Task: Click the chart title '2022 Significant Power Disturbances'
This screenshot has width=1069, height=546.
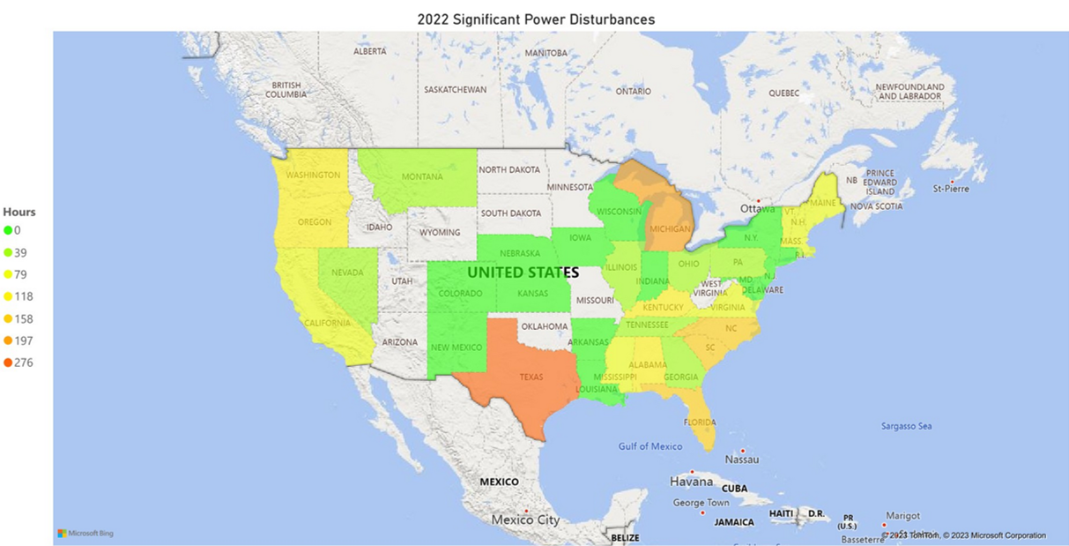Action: tap(536, 19)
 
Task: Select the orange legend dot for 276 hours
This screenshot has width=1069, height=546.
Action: tap(8, 363)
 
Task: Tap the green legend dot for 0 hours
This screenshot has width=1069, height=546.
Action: tap(8, 230)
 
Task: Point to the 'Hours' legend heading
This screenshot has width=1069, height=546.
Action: tap(19, 212)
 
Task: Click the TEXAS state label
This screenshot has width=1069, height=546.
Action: tap(531, 377)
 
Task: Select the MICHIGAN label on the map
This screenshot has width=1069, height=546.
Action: tap(670, 228)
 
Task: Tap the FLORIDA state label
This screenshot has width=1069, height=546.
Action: tap(700, 422)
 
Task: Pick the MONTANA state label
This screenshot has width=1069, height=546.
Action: tap(422, 177)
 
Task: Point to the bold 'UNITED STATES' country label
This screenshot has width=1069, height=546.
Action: tap(523, 273)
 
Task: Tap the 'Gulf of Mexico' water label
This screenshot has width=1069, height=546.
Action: tap(650, 446)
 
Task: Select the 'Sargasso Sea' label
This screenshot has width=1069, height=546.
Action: tap(907, 426)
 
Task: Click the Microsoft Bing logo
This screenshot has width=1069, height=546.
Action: tap(85, 533)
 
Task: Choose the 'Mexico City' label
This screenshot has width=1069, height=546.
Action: tap(525, 520)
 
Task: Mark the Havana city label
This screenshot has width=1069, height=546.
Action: tap(691, 482)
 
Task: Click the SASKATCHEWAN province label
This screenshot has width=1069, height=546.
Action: tap(455, 90)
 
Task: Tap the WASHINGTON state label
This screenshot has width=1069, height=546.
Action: tap(313, 176)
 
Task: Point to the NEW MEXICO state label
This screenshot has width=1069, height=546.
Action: tap(457, 348)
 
